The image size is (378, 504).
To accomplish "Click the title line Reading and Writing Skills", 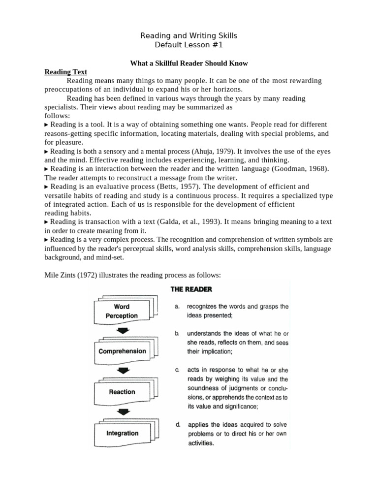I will pyautogui.click(x=189, y=36).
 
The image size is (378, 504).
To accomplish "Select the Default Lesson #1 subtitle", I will pyautogui.click(x=189, y=45).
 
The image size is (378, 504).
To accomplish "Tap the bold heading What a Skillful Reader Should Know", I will pyautogui.click(x=189, y=63).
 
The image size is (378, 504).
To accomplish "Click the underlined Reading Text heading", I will pyautogui.click(x=65, y=72).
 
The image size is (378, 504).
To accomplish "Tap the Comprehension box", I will pyautogui.click(x=122, y=351).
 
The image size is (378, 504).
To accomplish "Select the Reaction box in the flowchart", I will pyautogui.click(x=122, y=392).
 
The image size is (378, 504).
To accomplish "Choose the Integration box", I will pyautogui.click(x=122, y=433).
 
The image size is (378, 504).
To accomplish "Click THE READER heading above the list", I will pyautogui.click(x=191, y=289).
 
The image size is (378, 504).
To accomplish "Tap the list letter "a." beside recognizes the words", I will pyautogui.click(x=177, y=306).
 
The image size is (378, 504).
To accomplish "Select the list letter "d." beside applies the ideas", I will pyautogui.click(x=177, y=424).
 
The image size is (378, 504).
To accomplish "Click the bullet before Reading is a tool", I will pyautogui.click(x=47, y=125).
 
